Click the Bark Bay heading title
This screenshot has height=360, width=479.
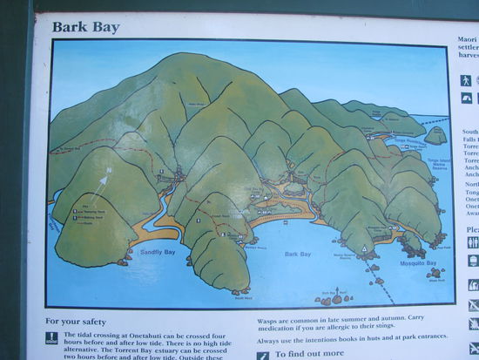click(x=85, y=27)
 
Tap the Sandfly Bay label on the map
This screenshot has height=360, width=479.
click(x=158, y=252)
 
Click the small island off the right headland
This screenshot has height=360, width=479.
click(x=436, y=134)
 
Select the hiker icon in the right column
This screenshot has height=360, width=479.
click(x=466, y=80)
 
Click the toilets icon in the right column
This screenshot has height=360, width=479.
click(x=473, y=242)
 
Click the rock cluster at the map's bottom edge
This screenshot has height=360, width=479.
click(x=335, y=298)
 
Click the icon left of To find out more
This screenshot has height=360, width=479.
click(x=263, y=355)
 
